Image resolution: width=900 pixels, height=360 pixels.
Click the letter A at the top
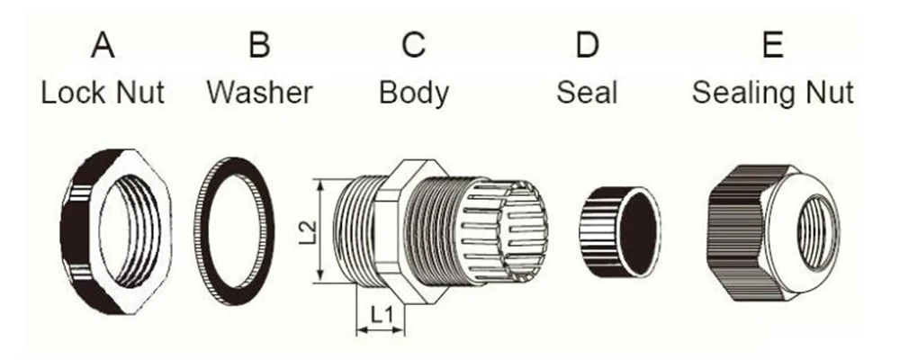pyautogui.click(x=103, y=45)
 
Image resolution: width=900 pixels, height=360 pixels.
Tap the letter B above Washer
pyautogui.click(x=259, y=45)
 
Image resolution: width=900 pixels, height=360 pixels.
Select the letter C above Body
pyautogui.click(x=413, y=45)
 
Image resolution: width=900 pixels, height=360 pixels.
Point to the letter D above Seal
pyautogui.click(x=587, y=45)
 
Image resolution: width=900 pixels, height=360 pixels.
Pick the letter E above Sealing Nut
pyautogui.click(x=773, y=45)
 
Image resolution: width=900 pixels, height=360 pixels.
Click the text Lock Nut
pyautogui.click(x=103, y=93)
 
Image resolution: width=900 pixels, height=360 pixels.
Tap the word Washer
pyautogui.click(x=260, y=93)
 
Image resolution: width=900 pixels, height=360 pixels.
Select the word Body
pyautogui.click(x=414, y=94)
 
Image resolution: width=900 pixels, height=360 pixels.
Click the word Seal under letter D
pyautogui.click(x=587, y=93)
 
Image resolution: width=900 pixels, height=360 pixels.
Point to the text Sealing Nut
pyautogui.click(x=773, y=94)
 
